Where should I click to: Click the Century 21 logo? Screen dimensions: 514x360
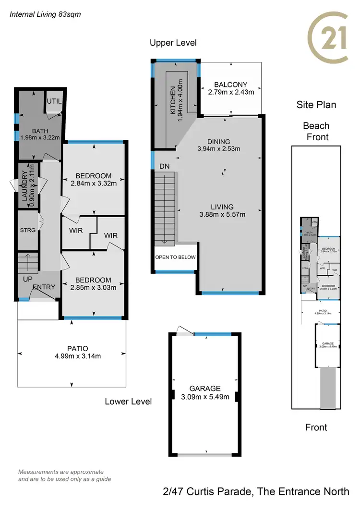[x=328, y=38]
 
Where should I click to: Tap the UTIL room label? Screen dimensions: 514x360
[x=54, y=101]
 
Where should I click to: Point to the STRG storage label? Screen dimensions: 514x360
[x=27, y=230]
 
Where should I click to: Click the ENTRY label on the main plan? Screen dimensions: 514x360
[x=44, y=287]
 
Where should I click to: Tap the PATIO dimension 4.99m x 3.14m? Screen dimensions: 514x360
[x=72, y=356]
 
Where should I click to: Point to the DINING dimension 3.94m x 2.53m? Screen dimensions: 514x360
[x=218, y=149]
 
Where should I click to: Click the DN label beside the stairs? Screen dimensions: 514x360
[x=165, y=166]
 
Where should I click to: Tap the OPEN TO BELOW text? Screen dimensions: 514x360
[x=175, y=257]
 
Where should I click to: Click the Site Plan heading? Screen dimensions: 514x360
[x=315, y=105]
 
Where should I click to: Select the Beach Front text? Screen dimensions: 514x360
[x=316, y=131]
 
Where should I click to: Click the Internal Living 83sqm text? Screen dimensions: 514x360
[x=46, y=14]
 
